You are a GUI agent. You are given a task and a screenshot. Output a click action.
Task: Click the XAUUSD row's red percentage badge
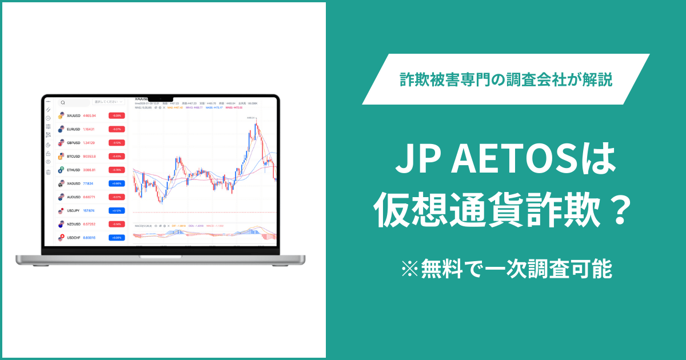point(117,115)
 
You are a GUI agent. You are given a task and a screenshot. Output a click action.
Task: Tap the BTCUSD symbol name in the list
point(73,156)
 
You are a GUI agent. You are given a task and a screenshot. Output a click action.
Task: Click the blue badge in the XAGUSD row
point(117,183)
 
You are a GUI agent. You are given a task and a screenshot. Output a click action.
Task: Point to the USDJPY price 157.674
point(89,210)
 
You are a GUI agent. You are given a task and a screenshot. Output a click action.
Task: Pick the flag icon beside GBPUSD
point(61,142)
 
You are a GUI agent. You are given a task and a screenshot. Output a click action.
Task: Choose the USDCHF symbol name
point(74,237)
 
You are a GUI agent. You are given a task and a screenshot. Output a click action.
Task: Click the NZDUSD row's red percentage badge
point(117,223)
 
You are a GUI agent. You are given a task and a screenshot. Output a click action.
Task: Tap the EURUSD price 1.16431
point(89,129)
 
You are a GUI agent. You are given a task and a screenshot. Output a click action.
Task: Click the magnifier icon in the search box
point(62,103)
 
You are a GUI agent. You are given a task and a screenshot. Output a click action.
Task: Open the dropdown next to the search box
point(108,102)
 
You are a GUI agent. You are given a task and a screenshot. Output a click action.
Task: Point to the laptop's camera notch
point(161,98)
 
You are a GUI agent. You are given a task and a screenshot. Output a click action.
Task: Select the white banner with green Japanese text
point(506,79)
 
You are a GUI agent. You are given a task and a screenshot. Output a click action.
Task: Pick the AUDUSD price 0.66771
point(89,197)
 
